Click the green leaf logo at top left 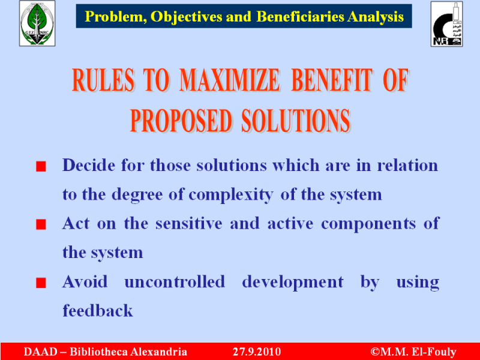(x=37, y=23)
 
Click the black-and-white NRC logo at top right (x=446, y=24)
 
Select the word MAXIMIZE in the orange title (x=229, y=80)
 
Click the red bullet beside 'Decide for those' (x=41, y=167)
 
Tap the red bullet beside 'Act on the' (x=41, y=224)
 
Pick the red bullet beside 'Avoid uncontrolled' (x=41, y=283)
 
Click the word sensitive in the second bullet (x=188, y=223)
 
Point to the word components (x=368, y=224)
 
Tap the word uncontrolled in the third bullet (x=175, y=281)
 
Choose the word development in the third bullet (x=293, y=283)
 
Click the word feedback (x=98, y=310)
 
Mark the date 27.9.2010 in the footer (x=257, y=352)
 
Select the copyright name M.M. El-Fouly (x=418, y=352)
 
